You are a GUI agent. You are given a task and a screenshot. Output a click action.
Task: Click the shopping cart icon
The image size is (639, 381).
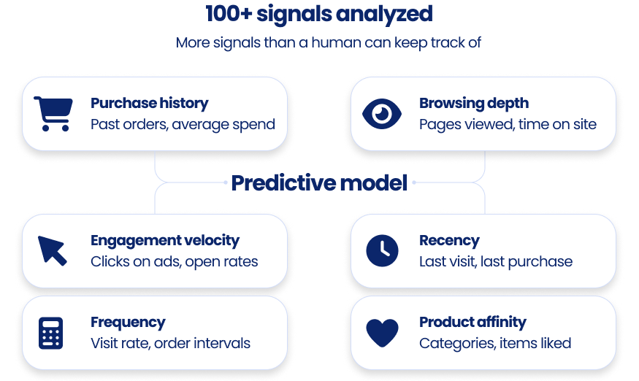coord(53,114)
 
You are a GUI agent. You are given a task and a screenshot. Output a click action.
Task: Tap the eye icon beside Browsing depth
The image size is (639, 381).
coord(382,114)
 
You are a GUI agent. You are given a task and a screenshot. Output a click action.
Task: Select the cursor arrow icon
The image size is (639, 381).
coord(53,250)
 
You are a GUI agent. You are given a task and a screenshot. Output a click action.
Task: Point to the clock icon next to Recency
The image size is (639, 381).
coord(382,250)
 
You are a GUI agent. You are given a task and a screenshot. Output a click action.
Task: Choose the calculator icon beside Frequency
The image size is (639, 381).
coord(50,333)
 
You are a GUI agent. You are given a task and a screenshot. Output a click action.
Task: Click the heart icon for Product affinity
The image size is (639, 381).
coord(382,333)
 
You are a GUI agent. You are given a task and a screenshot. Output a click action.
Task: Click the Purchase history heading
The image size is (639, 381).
coord(149,103)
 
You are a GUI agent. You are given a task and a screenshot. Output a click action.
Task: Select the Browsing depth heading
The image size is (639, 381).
coord(473,103)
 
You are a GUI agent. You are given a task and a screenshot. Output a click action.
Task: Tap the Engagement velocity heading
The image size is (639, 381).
coord(164,240)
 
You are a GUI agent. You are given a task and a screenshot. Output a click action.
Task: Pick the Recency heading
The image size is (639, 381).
coord(449,240)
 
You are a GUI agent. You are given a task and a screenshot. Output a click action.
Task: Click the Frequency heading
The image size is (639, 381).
coord(128,322)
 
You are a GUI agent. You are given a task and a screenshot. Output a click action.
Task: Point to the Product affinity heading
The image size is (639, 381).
coord(472,322)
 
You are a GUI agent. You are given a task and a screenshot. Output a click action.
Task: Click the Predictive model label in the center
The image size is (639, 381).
coord(319,182)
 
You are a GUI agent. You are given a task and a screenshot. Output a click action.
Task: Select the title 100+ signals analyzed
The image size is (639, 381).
coord(319,13)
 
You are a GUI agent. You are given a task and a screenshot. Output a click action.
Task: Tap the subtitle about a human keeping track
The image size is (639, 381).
coord(328,42)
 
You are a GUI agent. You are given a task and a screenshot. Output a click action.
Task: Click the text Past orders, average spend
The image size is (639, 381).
coord(183,124)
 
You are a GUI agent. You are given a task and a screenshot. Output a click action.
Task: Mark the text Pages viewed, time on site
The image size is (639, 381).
coord(508,124)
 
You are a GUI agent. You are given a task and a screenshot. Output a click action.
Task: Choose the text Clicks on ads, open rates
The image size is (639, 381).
coord(174,261)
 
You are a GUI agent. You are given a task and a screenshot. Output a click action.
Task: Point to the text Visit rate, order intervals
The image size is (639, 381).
coord(170,343)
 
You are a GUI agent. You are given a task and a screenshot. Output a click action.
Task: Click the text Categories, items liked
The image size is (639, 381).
coord(495,343)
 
